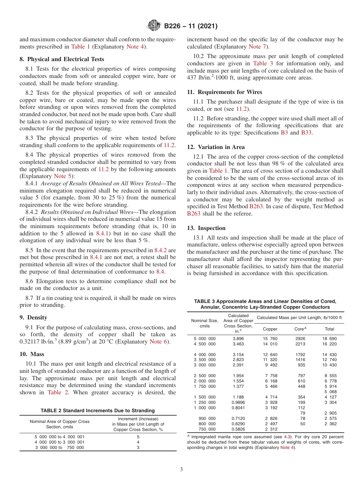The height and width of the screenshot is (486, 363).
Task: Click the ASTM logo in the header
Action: [154, 26]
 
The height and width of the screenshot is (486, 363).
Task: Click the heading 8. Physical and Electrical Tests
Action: [62, 59]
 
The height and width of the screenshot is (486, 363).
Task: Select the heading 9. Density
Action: [33, 318]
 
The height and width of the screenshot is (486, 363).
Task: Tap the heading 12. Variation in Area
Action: [216, 147]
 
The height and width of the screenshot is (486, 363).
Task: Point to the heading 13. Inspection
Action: [206, 228]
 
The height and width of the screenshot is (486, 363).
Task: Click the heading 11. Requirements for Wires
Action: [224, 92]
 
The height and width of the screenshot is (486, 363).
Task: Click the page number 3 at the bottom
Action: [181, 469]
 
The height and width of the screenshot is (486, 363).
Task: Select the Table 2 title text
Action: [98, 410]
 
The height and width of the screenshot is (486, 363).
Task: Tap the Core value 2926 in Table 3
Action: [300, 339]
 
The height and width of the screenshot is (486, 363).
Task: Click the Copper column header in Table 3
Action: [271, 329]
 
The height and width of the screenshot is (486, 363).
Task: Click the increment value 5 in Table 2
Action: [138, 436]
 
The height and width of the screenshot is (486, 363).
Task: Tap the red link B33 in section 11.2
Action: [306, 133]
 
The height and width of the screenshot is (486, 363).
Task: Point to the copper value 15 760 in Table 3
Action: [271, 339]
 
